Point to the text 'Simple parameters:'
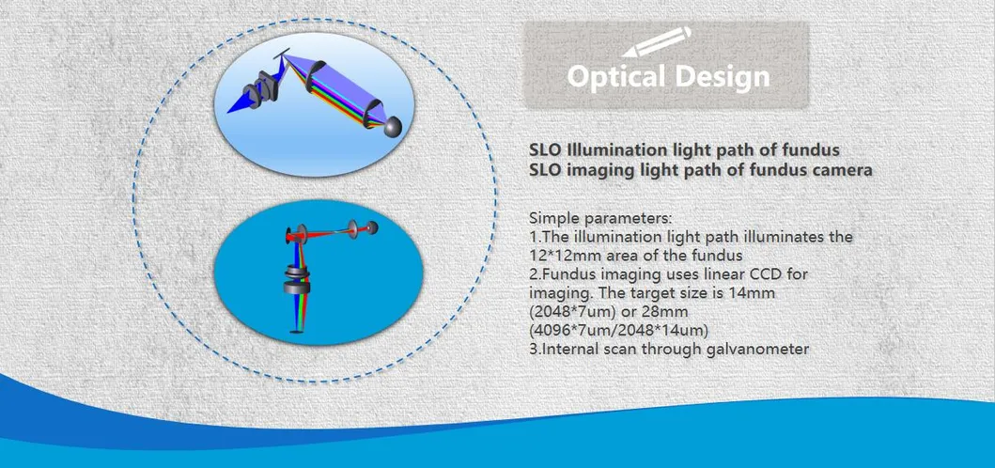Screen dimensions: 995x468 (599, 218)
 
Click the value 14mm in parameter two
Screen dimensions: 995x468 (751, 293)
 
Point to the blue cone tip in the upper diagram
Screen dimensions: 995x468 (229, 111)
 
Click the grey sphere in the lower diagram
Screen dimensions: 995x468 (372, 227)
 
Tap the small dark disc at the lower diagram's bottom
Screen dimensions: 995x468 (297, 332)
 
